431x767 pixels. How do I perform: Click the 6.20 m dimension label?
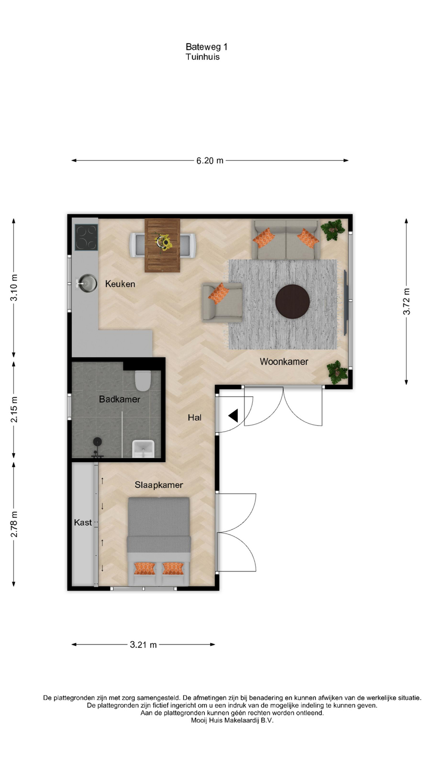(210, 161)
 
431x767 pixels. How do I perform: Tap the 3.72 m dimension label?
(407, 302)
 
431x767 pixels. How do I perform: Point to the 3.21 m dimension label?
(143, 644)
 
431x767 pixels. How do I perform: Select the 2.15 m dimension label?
(14, 409)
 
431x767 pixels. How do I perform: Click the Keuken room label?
(120, 284)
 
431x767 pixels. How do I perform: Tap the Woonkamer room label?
(284, 362)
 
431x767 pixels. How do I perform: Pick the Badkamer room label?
(120, 399)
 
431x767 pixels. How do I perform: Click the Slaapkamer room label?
(159, 485)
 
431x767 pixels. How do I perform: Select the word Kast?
(83, 523)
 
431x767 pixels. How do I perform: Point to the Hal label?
(195, 417)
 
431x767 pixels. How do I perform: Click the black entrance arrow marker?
(233, 416)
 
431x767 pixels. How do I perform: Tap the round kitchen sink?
(87, 283)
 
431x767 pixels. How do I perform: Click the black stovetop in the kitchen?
(87, 237)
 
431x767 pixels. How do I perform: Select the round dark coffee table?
(293, 302)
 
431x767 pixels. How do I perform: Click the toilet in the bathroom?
(143, 381)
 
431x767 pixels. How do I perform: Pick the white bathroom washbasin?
(143, 449)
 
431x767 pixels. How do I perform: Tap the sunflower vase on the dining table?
(164, 242)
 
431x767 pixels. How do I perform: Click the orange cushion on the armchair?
(219, 294)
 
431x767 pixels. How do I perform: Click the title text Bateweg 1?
(207, 47)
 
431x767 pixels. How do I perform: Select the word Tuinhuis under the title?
(203, 57)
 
